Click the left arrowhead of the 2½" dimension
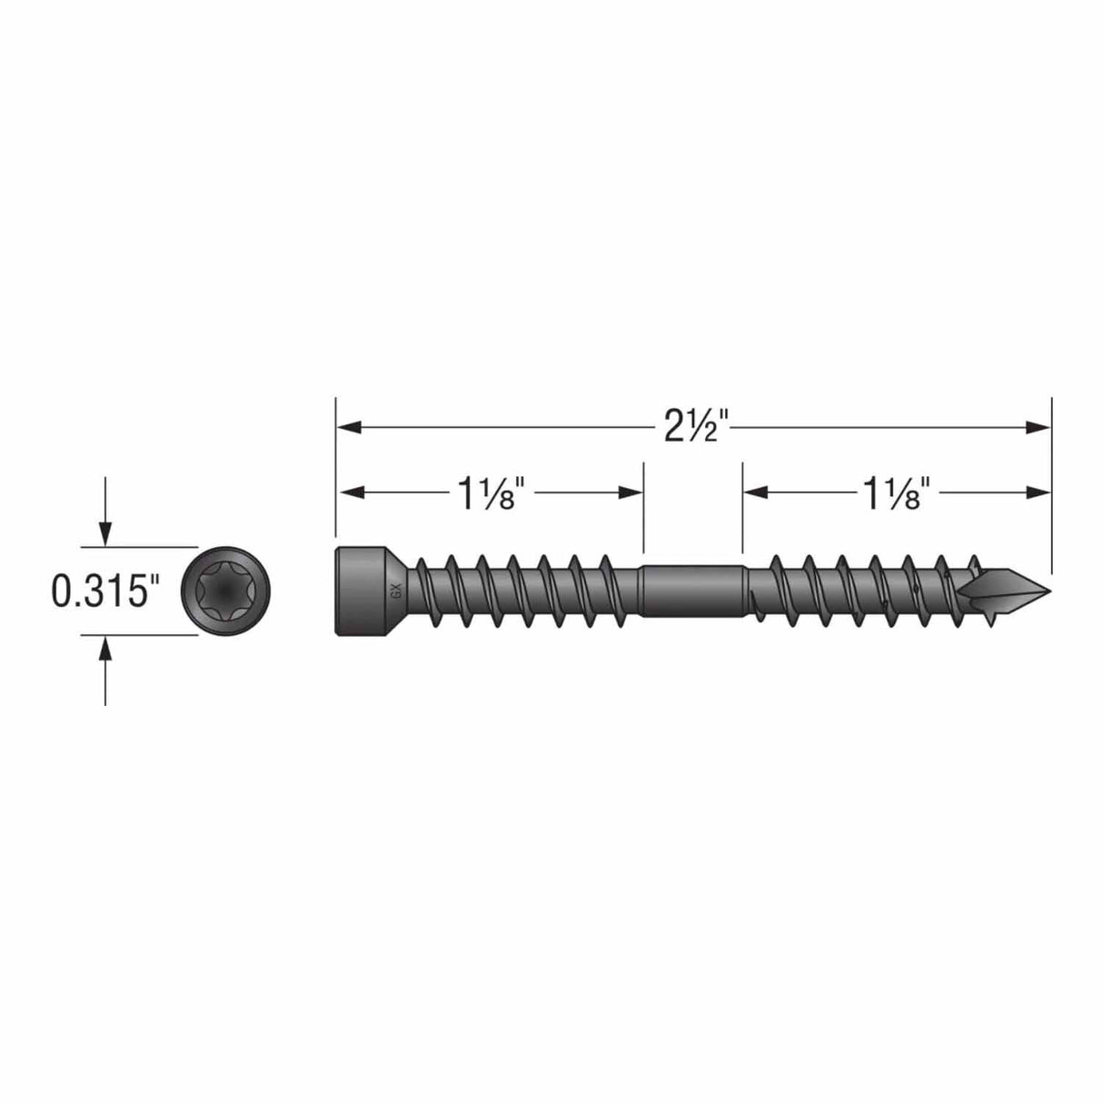point(350,425)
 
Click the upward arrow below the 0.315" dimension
point(106,649)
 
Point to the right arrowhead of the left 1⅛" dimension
point(631,492)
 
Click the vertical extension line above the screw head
point(336,472)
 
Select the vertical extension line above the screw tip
point(1051,482)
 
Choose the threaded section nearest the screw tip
point(863,591)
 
